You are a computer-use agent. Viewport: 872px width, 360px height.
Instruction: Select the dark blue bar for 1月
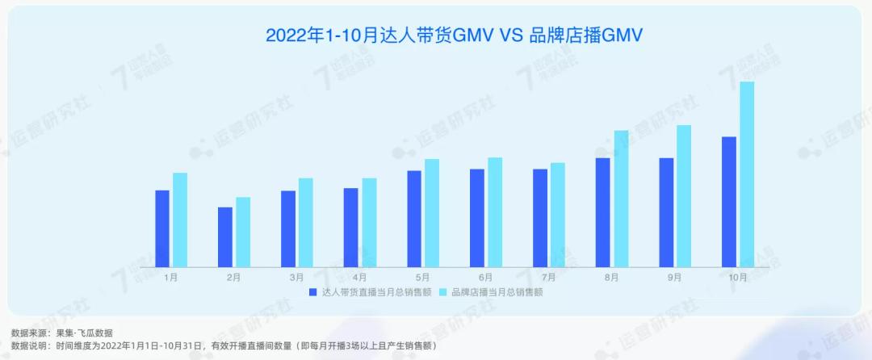[162, 228]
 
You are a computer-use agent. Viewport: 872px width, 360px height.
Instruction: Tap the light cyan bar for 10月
[747, 174]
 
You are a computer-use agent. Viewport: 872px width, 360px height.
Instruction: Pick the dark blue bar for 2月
[225, 237]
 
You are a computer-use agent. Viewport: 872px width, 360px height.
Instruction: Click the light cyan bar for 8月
[621, 198]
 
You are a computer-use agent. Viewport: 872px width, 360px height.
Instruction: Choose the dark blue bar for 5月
[414, 218]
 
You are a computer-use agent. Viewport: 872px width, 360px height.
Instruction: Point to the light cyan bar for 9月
[684, 195]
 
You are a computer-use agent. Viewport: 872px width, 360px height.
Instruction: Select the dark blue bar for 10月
[729, 201]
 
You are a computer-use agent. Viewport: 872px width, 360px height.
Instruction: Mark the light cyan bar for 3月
[306, 222]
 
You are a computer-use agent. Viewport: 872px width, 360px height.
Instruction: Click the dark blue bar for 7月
[540, 217]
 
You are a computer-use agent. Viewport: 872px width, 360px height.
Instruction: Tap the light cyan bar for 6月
[495, 211]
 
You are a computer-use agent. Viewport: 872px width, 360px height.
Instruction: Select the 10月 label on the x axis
[737, 277]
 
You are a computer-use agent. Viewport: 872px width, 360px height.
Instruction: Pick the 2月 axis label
[233, 277]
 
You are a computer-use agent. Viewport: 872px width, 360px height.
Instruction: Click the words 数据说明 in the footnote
[27, 345]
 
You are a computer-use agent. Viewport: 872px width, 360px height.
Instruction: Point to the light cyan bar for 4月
[369, 222]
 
